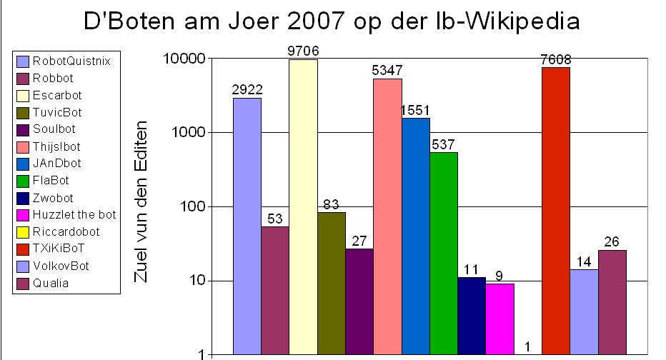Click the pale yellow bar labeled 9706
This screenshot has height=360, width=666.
(x=303, y=207)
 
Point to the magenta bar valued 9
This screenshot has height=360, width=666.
(x=499, y=319)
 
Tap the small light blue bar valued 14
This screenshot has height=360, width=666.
(x=584, y=311)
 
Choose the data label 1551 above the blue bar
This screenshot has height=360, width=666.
(x=416, y=111)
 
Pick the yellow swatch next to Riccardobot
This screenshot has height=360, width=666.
(x=22, y=231)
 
